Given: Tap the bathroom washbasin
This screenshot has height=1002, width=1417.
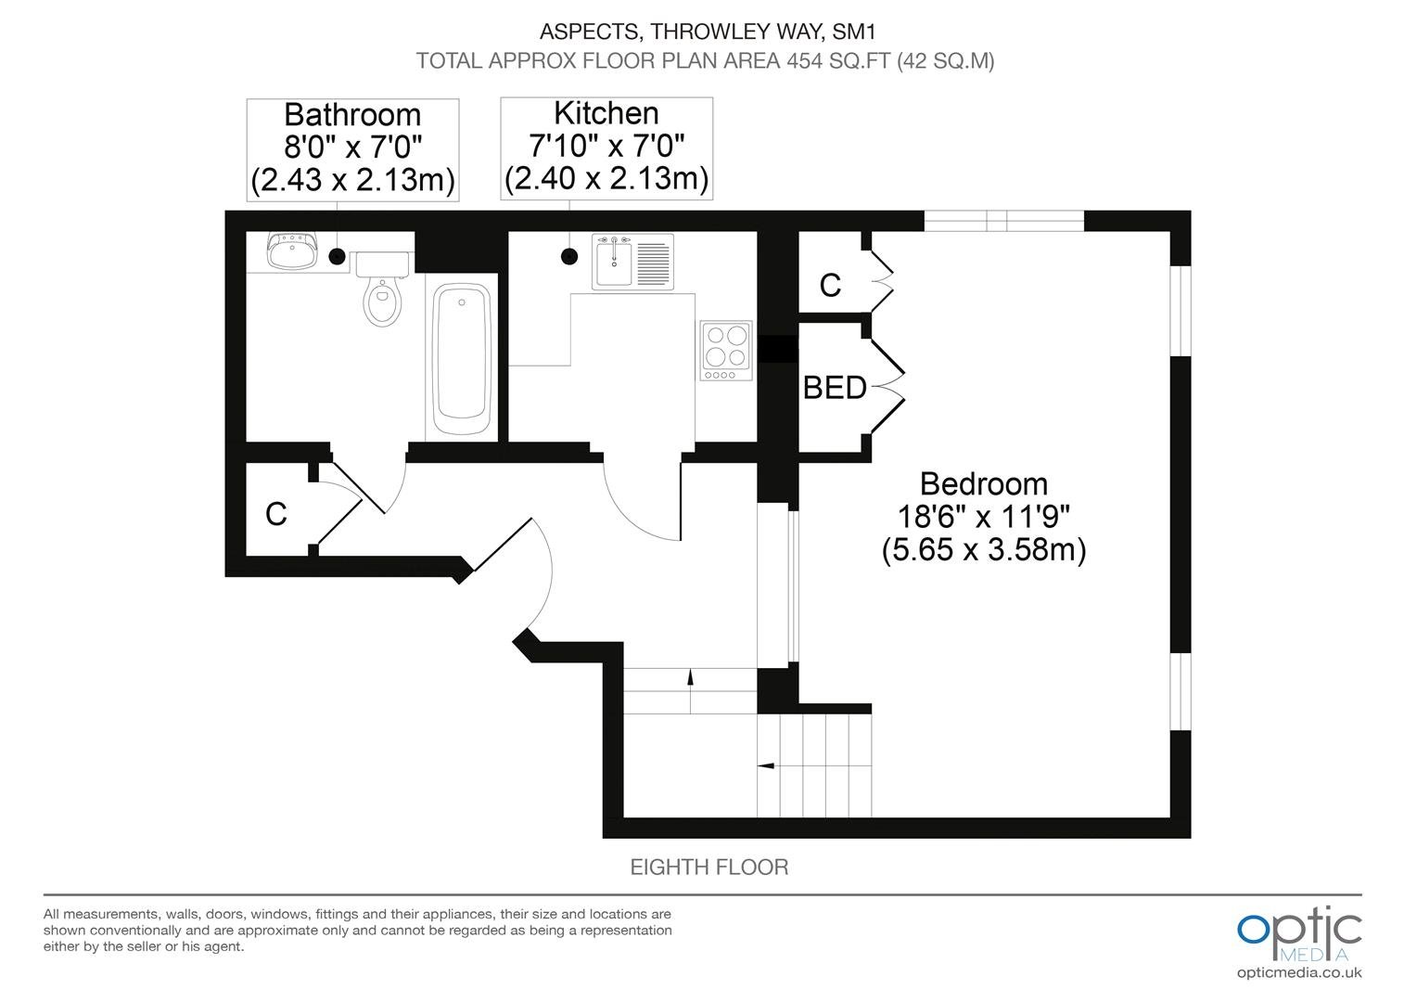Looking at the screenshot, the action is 291,251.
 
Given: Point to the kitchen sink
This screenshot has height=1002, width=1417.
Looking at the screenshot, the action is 632,262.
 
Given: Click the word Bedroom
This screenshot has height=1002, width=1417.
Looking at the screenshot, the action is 984,484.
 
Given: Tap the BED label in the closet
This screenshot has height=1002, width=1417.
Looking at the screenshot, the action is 835,388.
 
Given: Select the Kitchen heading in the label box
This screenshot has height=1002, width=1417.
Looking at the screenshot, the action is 606,113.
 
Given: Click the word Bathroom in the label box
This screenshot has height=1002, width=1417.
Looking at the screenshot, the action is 352,115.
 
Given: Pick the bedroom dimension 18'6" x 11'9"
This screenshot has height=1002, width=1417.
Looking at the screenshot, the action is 984,517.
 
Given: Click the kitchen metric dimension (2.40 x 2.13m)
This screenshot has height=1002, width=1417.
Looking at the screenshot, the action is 606,178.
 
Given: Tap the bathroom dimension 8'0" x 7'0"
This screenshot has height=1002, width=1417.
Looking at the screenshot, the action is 352,148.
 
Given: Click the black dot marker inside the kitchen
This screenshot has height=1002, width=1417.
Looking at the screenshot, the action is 569,256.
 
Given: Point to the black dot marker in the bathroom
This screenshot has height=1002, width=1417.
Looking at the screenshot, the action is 338,256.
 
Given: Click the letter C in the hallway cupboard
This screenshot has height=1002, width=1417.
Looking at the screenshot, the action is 275,514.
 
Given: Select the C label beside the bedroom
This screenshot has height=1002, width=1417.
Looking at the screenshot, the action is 830,285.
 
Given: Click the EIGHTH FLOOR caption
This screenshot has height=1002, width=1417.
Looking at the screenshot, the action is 709,867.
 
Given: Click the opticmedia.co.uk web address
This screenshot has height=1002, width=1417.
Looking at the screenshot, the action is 1299,973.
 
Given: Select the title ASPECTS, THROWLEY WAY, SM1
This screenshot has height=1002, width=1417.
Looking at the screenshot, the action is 708,31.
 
